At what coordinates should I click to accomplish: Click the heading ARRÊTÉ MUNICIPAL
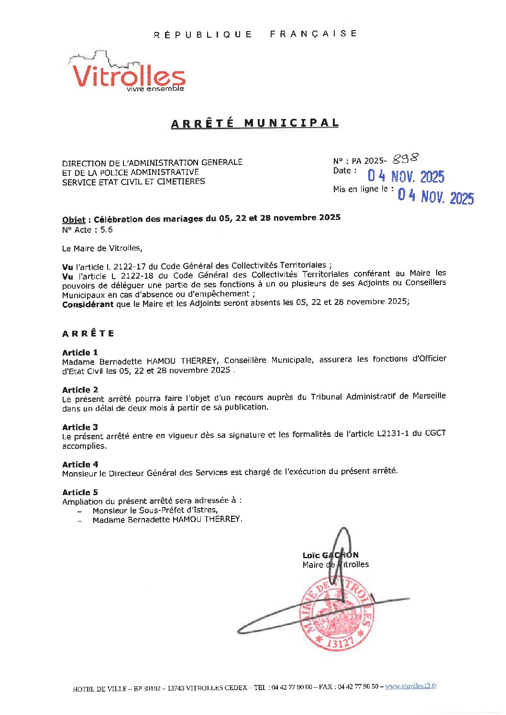tap(255, 123)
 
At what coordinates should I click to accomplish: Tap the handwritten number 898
tap(406, 159)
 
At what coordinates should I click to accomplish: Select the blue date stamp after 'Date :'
tap(406, 176)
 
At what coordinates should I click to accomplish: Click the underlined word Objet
tap(74, 220)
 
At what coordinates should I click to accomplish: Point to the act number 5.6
tap(106, 230)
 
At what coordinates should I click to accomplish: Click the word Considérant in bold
tap(88, 304)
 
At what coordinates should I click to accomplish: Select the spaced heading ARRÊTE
tap(88, 334)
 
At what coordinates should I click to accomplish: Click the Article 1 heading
tap(80, 352)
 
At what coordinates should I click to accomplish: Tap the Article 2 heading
tap(80, 390)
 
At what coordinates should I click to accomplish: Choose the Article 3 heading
tap(80, 427)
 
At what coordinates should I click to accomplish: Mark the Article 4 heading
tap(80, 464)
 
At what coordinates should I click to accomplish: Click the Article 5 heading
tap(80, 492)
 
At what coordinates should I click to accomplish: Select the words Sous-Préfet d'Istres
tap(178, 510)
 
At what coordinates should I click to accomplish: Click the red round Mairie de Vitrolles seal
tap(336, 614)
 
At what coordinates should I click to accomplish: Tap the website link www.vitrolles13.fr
tap(410, 686)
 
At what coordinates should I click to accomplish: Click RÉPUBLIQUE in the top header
tap(203, 34)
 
